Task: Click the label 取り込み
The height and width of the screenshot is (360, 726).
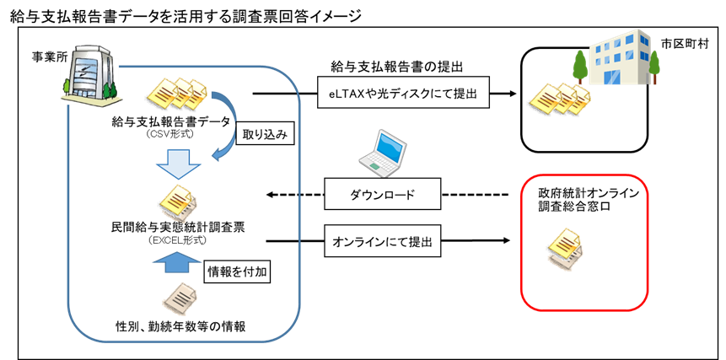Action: (266, 135)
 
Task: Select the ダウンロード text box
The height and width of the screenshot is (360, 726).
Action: (382, 196)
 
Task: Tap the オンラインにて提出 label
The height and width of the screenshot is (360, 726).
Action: (382, 241)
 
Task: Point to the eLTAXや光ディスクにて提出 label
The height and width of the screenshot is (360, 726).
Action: (403, 94)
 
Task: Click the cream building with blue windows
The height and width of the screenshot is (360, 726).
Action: (620, 56)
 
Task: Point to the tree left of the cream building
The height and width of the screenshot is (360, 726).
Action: (579, 64)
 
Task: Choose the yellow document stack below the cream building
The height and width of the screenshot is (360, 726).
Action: (557, 99)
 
